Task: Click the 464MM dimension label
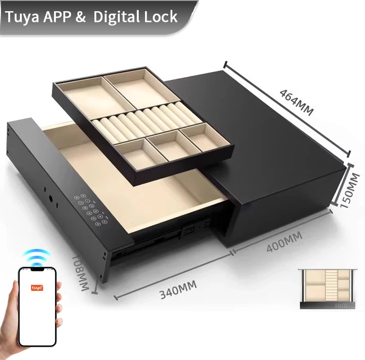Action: (296, 102)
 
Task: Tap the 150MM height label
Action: (350, 190)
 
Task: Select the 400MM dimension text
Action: (284, 242)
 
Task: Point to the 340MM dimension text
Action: (178, 289)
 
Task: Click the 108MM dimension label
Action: (80, 273)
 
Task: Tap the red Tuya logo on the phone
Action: (37, 288)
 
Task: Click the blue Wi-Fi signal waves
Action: (37, 258)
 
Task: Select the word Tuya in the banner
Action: (22, 17)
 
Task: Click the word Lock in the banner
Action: (160, 17)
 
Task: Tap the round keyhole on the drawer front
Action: (51, 199)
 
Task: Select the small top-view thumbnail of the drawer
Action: (328, 288)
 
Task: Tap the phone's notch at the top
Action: (37, 270)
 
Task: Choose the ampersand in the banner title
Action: (80, 17)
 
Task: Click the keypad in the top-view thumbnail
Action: (343, 306)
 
